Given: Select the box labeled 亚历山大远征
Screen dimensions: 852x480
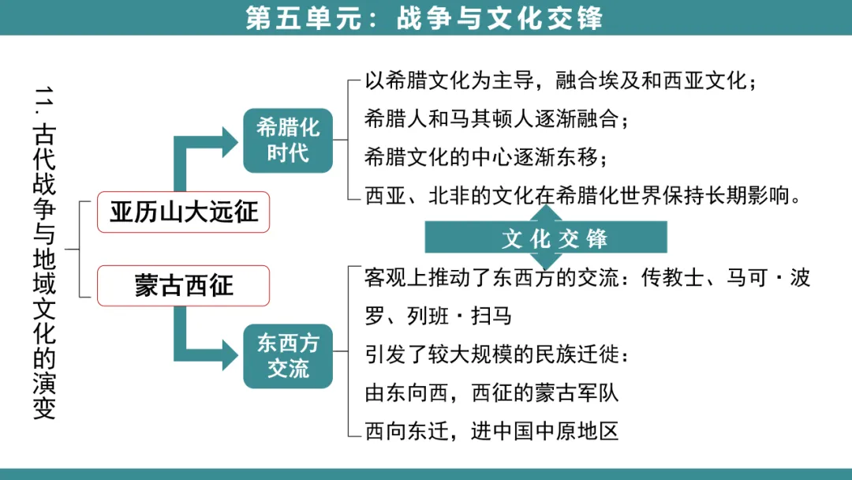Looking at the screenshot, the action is point(183,212).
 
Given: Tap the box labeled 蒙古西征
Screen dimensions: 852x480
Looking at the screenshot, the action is point(183,285).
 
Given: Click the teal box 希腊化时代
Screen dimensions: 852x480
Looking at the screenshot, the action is point(287,141).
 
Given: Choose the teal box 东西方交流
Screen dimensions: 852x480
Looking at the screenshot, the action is point(287,356).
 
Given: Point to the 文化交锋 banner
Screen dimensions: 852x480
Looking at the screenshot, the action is point(546,238).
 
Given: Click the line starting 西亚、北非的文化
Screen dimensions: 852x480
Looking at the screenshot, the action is point(583,195).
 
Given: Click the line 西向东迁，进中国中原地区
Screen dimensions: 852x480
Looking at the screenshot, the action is point(491,430).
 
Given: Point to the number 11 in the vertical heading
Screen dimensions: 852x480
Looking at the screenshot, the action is point(44,103).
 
